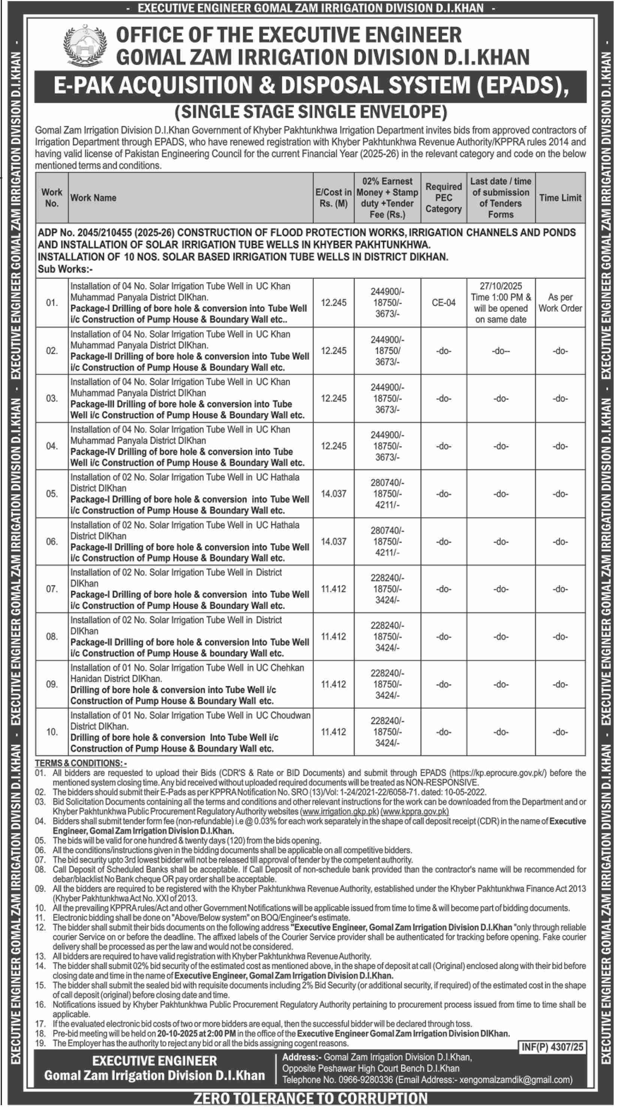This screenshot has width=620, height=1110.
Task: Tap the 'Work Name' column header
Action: (93, 198)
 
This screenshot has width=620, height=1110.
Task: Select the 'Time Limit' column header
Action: (560, 198)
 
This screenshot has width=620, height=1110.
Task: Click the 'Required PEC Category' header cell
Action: (443, 198)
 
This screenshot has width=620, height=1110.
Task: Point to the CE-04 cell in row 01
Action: (443, 303)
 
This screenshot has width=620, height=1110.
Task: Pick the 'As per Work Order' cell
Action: (560, 303)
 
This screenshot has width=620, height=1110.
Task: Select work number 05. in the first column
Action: (52, 493)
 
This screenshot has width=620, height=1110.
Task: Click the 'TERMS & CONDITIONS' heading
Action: (81, 763)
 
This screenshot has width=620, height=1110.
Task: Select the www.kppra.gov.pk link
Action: (415, 812)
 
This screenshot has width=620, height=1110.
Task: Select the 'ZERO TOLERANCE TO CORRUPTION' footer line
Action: (310, 1098)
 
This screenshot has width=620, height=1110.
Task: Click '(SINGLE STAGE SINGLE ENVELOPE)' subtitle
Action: (311, 112)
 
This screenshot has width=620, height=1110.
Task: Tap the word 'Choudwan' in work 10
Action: (290, 715)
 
